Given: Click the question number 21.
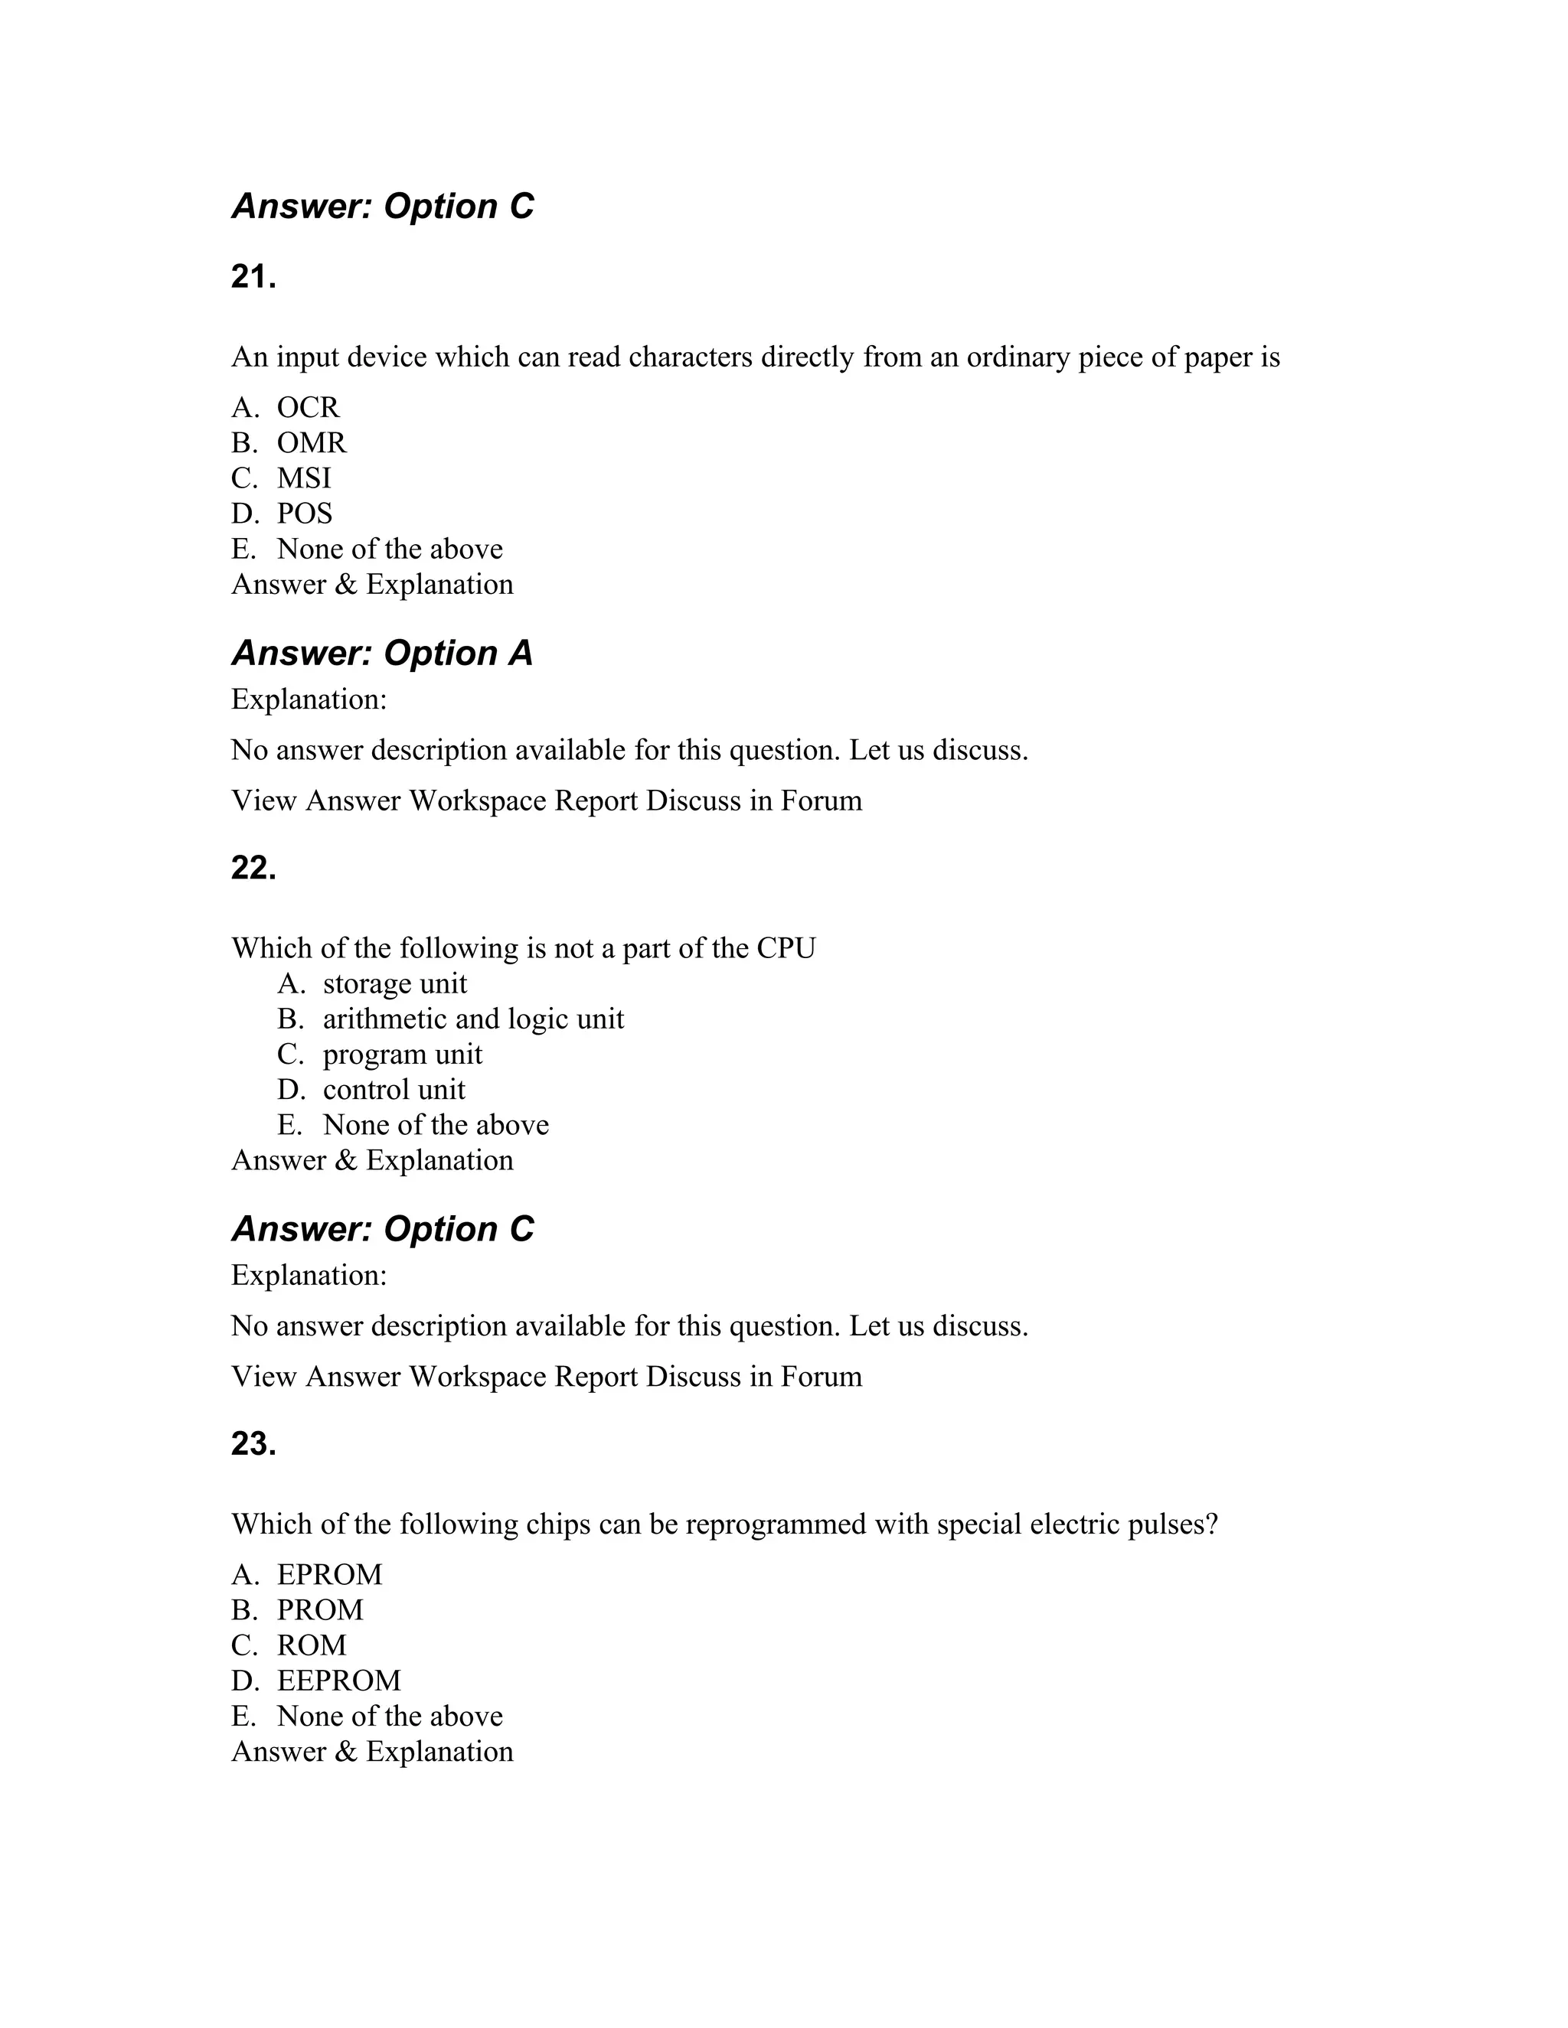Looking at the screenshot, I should point(253,277).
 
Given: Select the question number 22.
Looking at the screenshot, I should point(253,869).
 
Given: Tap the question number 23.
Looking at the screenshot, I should point(253,1444).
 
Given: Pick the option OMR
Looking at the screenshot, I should point(311,443).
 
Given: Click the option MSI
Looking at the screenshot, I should point(304,478).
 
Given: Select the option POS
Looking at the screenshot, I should point(305,514).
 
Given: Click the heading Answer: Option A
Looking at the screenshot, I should point(382,653).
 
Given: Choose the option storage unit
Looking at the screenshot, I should point(395,983).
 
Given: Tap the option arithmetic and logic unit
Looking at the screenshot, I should point(473,1019).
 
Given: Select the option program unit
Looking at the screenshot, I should point(402,1054).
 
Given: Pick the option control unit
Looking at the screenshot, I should point(394,1089).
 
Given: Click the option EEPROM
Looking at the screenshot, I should point(339,1681).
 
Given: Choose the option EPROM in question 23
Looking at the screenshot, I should point(330,1575).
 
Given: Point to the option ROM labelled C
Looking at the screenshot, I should point(311,1645).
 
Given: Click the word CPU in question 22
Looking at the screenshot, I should point(786,948).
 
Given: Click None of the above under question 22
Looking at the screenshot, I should point(436,1124).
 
